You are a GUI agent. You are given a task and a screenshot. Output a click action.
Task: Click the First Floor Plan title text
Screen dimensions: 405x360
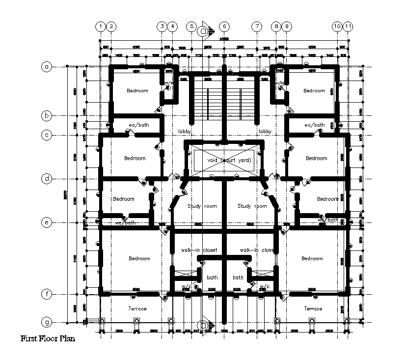(x=48, y=338)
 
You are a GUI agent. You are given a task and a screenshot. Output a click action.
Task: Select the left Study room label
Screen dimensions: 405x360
(x=202, y=206)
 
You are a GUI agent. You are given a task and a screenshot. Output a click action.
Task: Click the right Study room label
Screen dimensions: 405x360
(x=252, y=206)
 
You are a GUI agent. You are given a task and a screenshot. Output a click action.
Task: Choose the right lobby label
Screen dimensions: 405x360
(x=265, y=132)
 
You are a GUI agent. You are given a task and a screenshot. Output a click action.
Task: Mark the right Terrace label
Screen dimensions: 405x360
(x=313, y=308)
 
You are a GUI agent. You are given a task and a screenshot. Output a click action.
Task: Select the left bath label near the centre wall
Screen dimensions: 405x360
(x=212, y=277)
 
